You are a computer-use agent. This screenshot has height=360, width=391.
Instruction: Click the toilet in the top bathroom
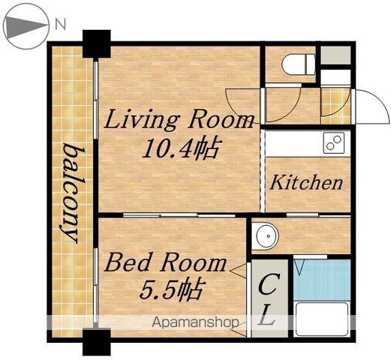(299, 64)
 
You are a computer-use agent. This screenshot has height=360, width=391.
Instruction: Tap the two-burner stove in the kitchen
(333, 142)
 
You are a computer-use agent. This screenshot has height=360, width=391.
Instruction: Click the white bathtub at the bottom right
(322, 319)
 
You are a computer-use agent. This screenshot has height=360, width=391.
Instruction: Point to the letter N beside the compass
(60, 25)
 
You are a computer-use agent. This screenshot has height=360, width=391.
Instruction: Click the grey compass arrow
(26, 25)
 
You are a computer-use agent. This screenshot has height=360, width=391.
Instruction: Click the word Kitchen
(306, 182)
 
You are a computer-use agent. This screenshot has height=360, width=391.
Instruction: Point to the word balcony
(71, 193)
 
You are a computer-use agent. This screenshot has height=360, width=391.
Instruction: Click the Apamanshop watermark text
(195, 322)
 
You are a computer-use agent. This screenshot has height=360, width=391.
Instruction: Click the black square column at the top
(97, 44)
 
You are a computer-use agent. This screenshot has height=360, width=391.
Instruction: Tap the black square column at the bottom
(97, 342)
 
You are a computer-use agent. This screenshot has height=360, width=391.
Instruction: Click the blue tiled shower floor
(323, 280)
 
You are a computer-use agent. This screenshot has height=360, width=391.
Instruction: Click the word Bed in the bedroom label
(128, 262)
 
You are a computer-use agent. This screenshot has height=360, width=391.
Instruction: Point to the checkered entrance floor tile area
(335, 106)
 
